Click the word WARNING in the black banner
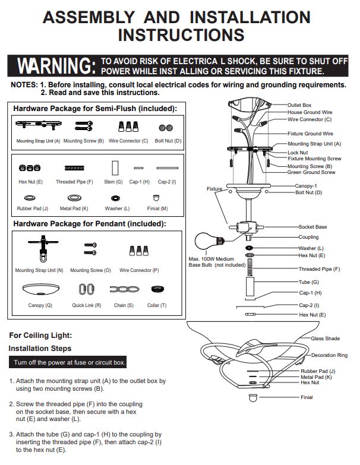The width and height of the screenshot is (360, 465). (x=56, y=65)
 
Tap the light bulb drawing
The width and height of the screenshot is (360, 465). (x=209, y=241)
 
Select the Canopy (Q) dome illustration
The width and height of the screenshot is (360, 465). (x=40, y=289)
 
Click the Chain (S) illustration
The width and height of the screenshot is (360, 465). (x=124, y=289)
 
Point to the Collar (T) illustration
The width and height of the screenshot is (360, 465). (x=157, y=289)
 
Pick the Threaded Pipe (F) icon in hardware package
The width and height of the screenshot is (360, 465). (x=74, y=168)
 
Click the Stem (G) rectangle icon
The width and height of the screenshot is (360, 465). (x=115, y=168)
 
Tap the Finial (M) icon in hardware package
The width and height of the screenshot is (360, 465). (x=156, y=198)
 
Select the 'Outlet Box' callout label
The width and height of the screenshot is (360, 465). (x=299, y=105)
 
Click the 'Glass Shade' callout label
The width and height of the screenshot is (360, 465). (x=325, y=339)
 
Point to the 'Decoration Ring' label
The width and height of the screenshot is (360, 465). (x=329, y=355)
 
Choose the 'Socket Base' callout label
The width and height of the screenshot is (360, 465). (x=312, y=227)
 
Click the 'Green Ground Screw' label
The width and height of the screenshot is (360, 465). (x=311, y=172)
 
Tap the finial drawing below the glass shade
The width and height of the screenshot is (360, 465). (x=253, y=398)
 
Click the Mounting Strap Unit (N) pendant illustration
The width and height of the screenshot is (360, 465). (x=43, y=248)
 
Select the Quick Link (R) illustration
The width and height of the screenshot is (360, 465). (x=87, y=289)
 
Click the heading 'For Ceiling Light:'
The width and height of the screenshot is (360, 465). (x=40, y=336)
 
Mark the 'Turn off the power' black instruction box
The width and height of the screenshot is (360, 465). (x=68, y=362)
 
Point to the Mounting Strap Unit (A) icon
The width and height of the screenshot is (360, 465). (x=39, y=125)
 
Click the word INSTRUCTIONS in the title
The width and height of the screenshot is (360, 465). (x=181, y=35)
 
